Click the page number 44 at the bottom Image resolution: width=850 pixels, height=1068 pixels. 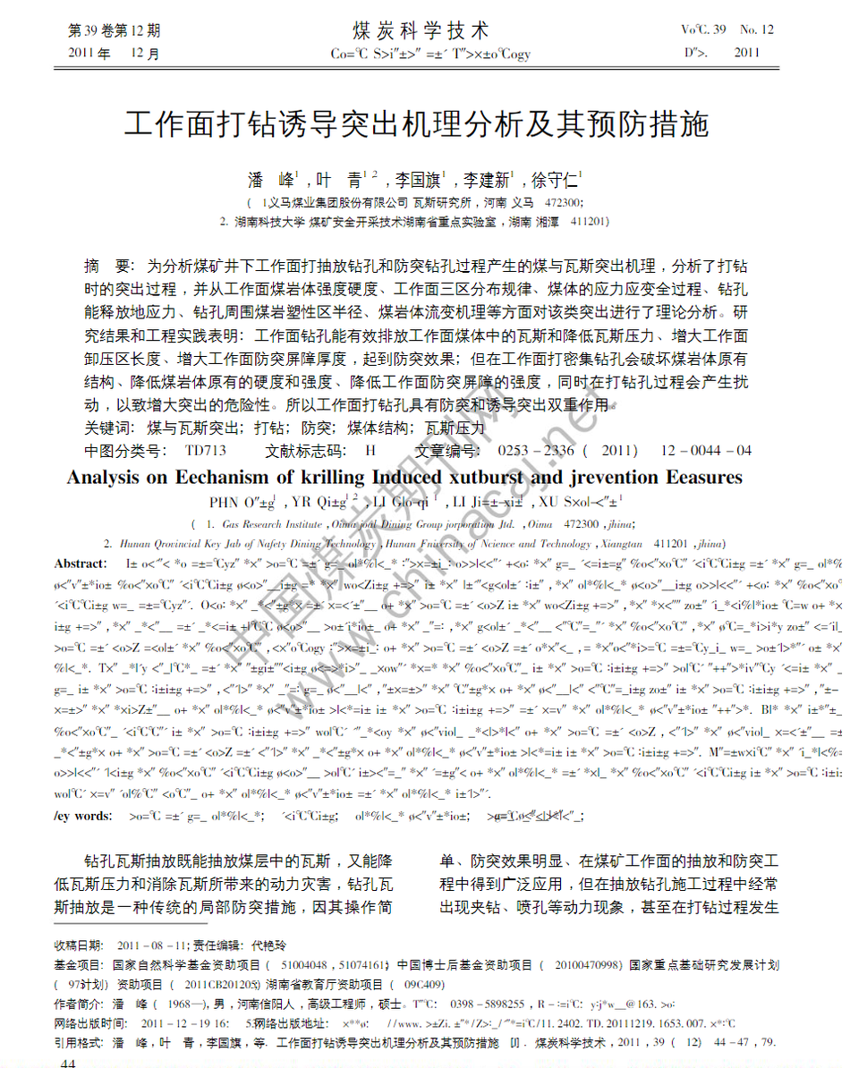pos(68,1062)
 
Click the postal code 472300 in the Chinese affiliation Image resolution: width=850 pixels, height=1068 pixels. pos(563,203)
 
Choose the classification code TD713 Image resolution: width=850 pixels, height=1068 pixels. pos(206,450)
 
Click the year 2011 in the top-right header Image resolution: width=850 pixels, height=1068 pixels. pos(746,53)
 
